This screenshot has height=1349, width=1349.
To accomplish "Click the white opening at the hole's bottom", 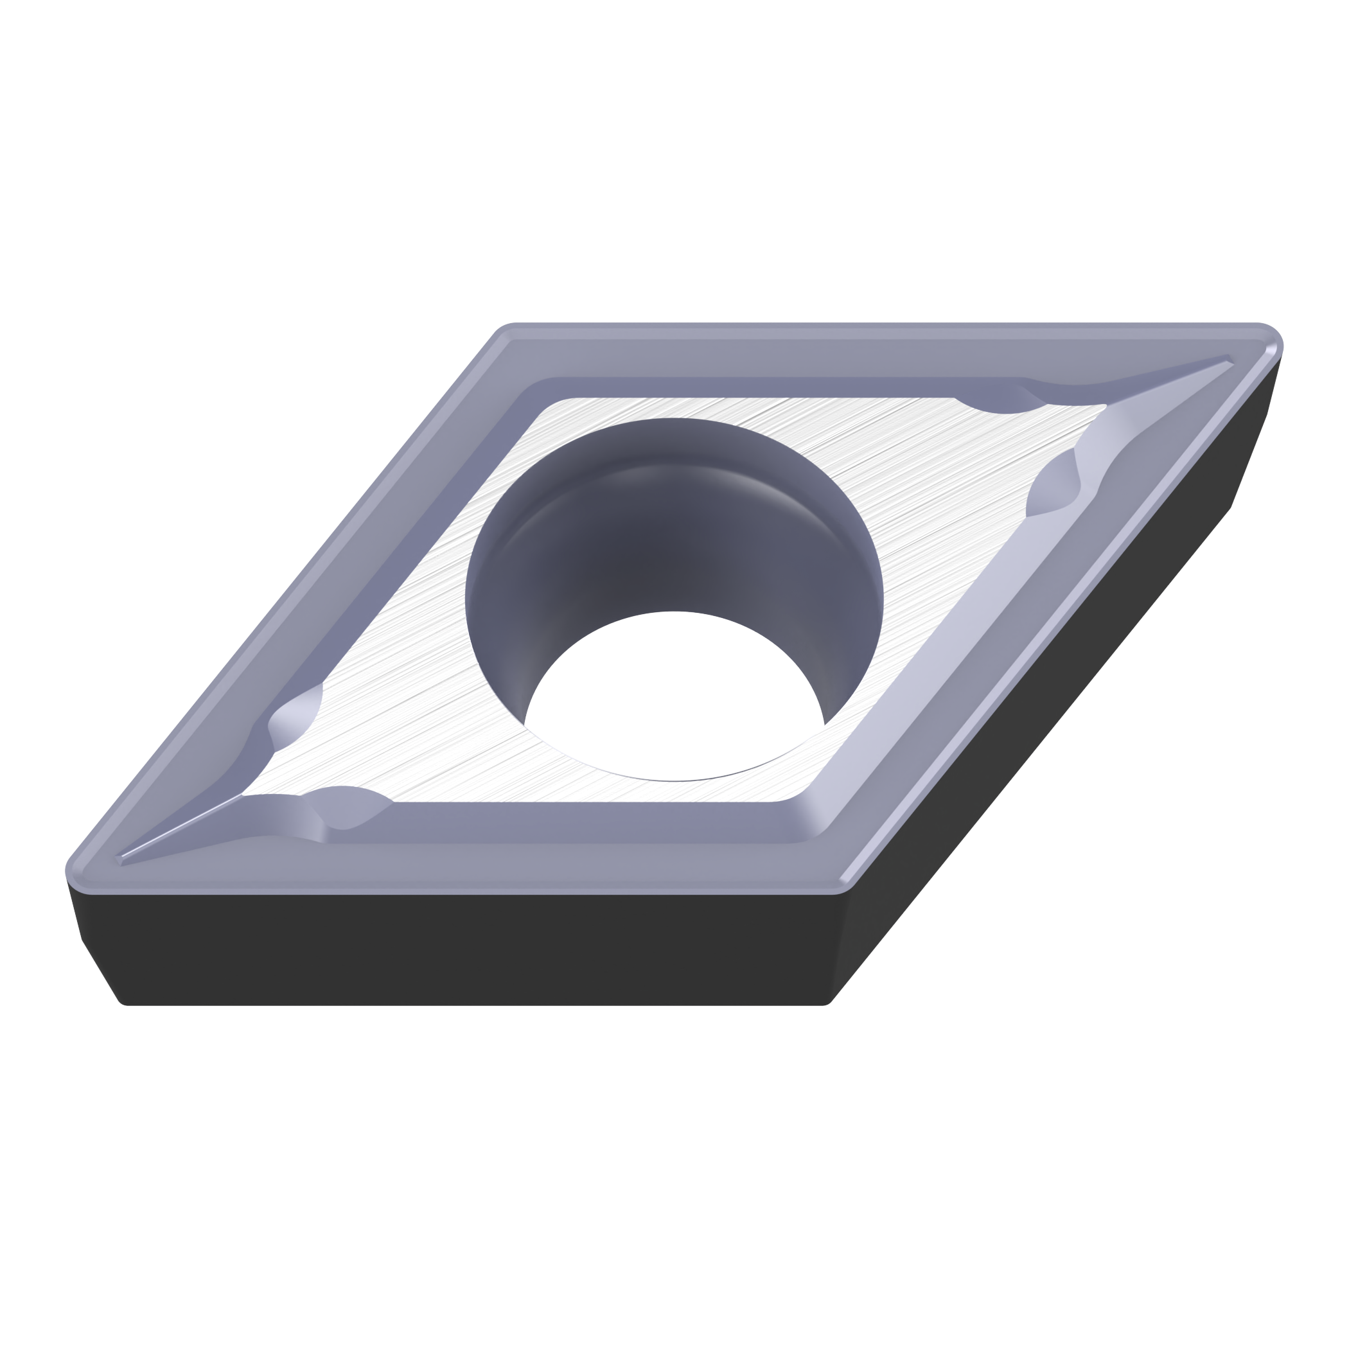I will click(x=674, y=698).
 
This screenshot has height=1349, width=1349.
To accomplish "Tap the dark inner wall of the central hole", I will click(x=628, y=545).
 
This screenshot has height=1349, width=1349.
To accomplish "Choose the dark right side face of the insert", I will click(x=1047, y=698).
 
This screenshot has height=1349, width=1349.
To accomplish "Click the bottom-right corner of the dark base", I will click(x=827, y=1003).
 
